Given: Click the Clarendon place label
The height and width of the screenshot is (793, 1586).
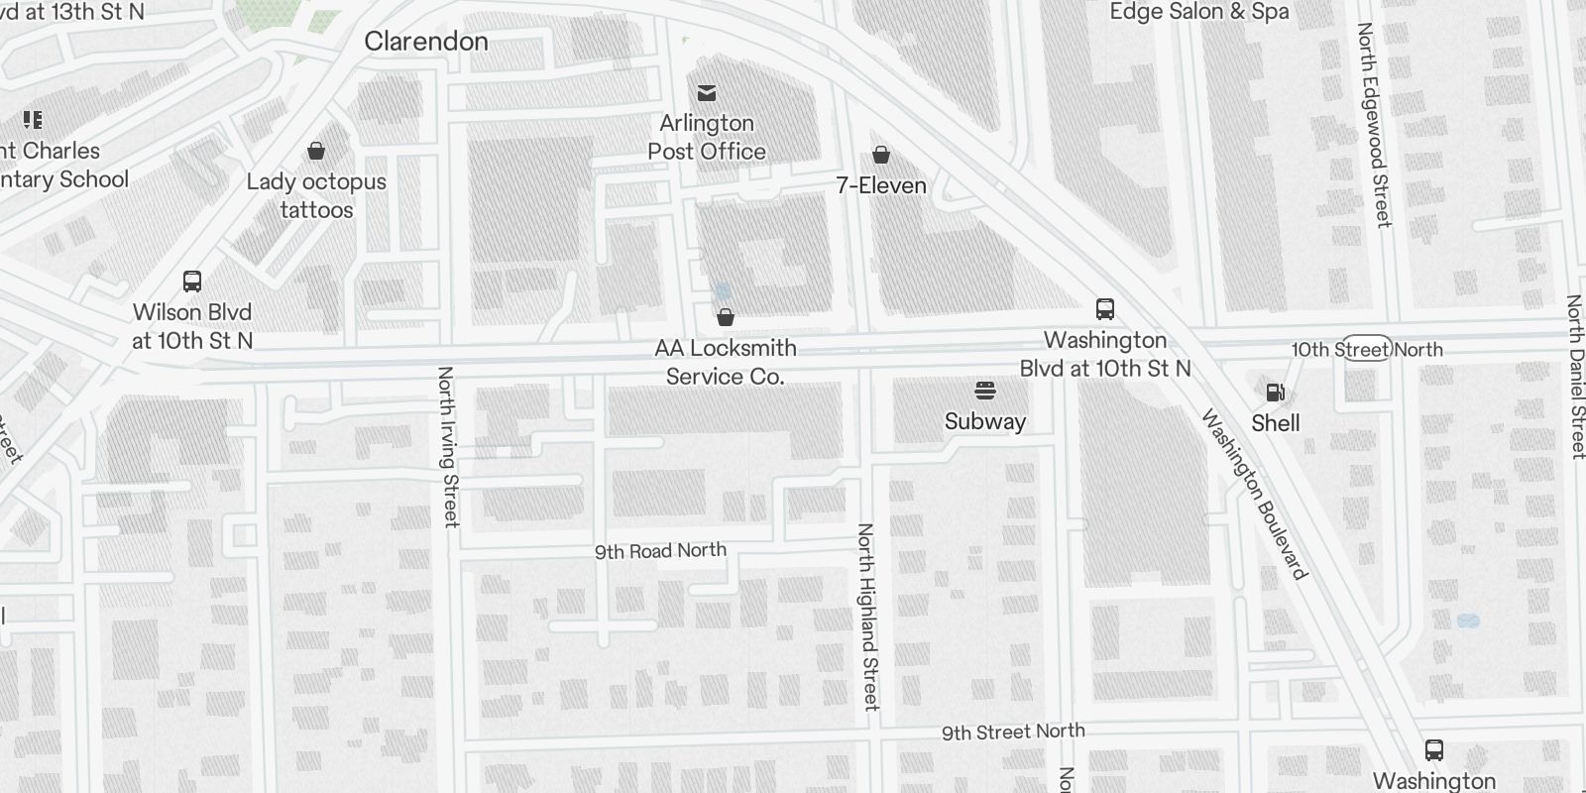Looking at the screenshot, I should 426,42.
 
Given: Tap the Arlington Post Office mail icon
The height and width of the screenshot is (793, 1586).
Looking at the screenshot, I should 707,93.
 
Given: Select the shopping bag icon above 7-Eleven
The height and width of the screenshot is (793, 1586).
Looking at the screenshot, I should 880,155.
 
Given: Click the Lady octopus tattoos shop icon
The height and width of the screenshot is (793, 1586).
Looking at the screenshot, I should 316,151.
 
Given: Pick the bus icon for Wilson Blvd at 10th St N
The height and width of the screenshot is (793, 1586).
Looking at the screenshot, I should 192,282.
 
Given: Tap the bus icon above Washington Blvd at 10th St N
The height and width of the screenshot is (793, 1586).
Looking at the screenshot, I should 1105,309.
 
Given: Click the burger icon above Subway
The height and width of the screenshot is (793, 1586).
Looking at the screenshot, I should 984,391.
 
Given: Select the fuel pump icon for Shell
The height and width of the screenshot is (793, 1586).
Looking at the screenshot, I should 1276,393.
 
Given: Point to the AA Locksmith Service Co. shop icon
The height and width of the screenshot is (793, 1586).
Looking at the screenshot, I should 726,317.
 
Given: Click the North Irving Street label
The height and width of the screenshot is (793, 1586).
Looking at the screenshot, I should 449,446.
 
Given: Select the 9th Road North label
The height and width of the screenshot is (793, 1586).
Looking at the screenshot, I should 660,551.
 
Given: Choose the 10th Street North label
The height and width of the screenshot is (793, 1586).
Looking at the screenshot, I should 1366,350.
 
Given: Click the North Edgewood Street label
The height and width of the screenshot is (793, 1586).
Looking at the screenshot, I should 1375,125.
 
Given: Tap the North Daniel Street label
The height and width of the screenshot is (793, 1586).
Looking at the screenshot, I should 1575,377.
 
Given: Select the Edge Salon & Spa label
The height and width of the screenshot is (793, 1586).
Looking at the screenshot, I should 1199,12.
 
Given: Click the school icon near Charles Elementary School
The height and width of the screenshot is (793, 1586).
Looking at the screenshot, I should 33,121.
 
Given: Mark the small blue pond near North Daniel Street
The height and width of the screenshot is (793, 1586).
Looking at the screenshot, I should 1468,622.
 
